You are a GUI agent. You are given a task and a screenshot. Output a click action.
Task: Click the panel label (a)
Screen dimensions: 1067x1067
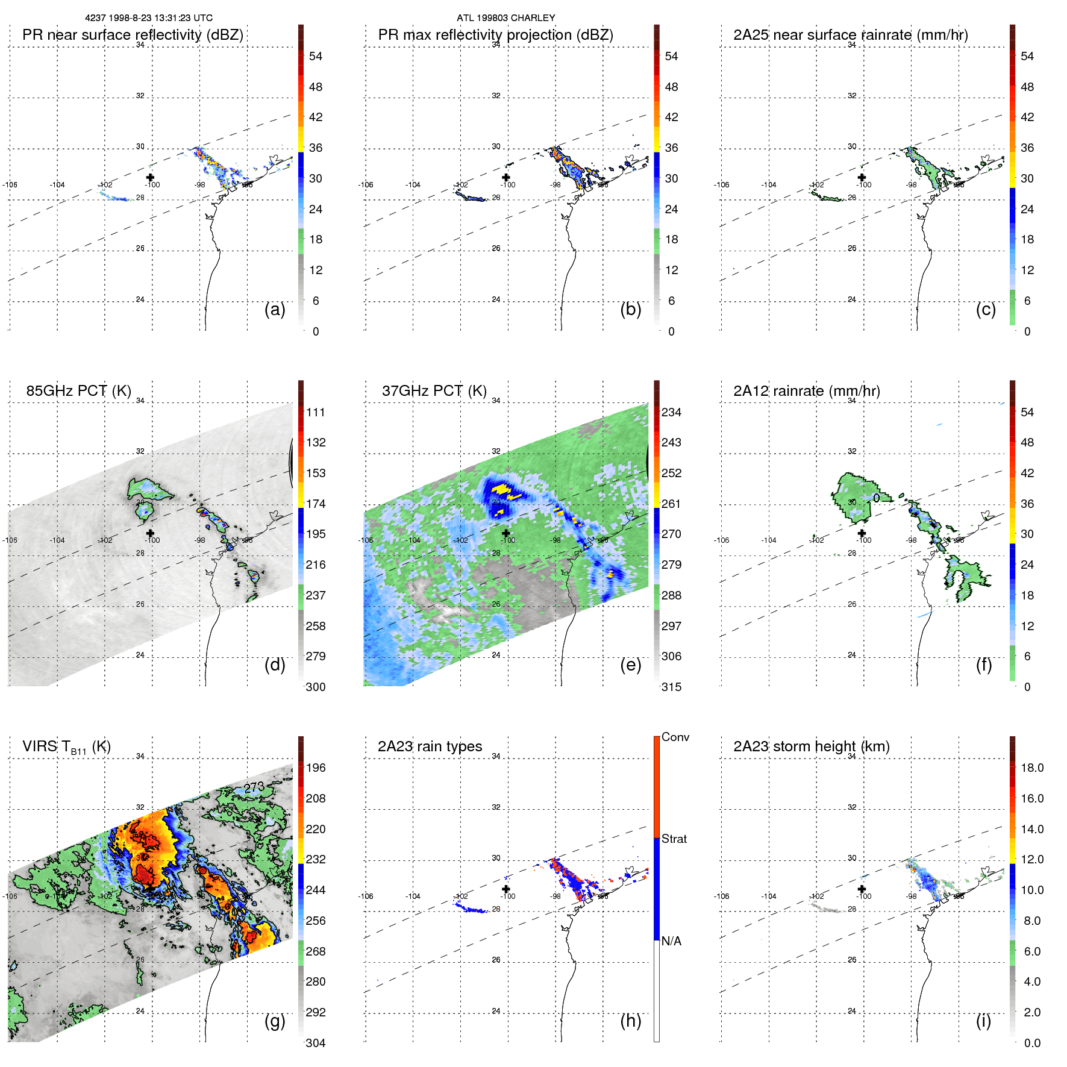tap(275, 310)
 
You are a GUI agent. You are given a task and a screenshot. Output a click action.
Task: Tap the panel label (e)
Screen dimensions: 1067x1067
tap(630, 665)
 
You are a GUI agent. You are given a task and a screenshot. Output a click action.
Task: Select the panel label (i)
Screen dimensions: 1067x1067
tap(983, 1021)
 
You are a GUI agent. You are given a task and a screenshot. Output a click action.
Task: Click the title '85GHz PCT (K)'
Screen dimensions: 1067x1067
tap(78, 390)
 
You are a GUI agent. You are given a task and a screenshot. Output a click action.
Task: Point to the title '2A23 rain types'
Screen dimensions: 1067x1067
tap(430, 746)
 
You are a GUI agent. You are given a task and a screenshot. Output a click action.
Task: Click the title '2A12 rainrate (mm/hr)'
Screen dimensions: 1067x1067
tap(806, 390)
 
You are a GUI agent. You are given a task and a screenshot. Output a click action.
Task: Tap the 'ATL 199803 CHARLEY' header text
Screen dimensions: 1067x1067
tap(505, 18)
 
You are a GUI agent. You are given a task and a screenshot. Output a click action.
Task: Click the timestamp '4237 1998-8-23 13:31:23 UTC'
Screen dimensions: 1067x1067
tap(149, 18)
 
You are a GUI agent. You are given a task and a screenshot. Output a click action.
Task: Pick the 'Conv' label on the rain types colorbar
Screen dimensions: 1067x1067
tap(675, 737)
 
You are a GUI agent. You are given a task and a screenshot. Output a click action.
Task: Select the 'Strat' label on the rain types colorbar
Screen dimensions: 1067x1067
tap(674, 839)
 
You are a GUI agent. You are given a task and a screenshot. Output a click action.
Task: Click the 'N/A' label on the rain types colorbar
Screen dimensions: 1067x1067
tap(671, 941)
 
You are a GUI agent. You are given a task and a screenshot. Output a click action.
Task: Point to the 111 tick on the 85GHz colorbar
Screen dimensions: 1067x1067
tap(315, 412)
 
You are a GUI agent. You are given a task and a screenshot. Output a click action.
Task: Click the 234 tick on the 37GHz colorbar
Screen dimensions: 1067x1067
tap(671, 412)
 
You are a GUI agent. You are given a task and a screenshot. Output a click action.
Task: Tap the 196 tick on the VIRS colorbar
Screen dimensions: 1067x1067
tap(315, 768)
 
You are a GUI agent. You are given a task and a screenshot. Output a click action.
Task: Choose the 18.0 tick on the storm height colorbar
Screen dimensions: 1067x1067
tap(1031, 768)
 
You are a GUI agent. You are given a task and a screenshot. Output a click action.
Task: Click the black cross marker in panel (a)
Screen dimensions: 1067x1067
tap(150, 177)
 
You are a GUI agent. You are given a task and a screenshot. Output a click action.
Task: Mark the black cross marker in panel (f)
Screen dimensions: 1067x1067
tap(862, 533)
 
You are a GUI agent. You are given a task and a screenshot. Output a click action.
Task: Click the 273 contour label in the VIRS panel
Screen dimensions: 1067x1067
tap(254, 787)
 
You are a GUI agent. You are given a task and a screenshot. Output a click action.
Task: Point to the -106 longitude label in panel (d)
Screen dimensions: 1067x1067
tap(10, 540)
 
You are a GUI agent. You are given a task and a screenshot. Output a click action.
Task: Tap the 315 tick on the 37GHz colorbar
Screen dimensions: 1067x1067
tap(671, 687)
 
